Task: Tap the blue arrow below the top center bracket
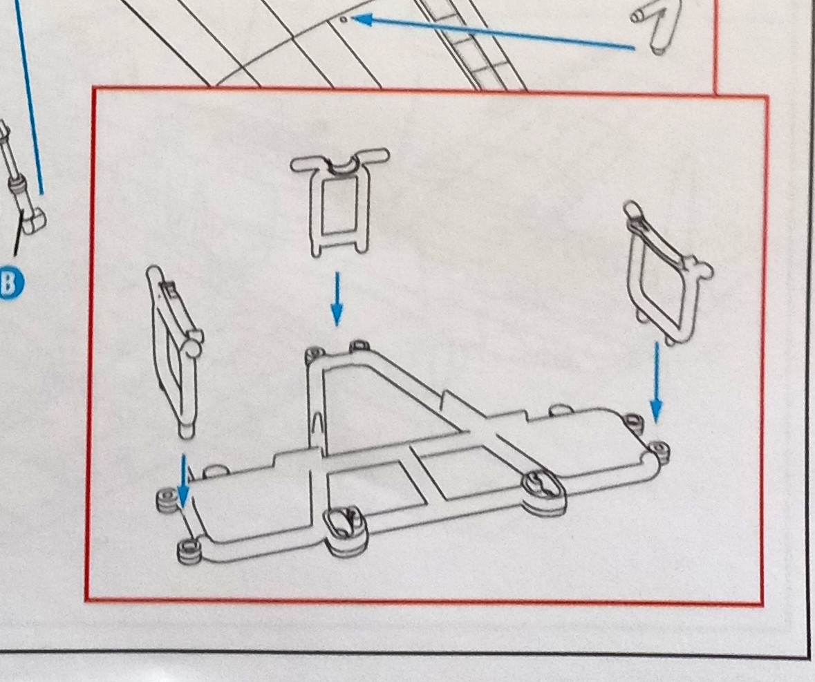337,299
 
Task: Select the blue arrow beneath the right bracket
657,381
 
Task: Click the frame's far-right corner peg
659,451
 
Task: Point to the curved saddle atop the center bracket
339,167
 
